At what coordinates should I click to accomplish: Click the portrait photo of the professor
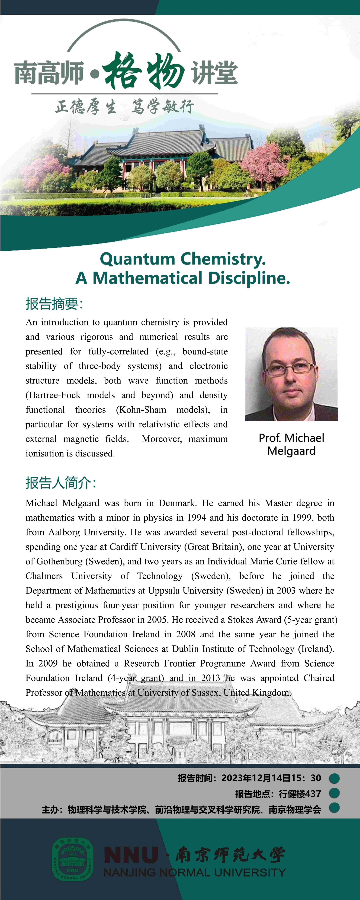pos(291,374)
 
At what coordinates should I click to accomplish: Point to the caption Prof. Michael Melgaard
pos(291,444)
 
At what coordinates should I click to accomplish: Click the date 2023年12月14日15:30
pos(271,778)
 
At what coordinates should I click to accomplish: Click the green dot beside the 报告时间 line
pos(334,778)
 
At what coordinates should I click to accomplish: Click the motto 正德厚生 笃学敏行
pos(124,107)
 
